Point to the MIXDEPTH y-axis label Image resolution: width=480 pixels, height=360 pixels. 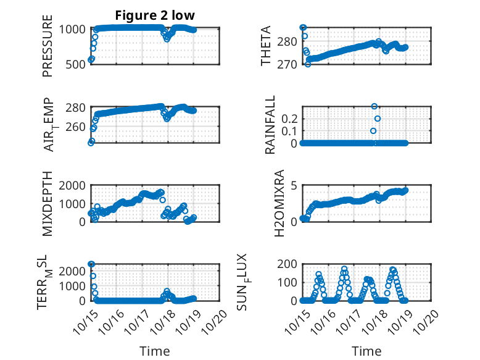click(x=48, y=204)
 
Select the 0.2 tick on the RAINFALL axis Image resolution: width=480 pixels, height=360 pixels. click(x=291, y=118)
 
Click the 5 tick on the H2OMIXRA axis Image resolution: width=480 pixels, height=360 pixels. click(x=295, y=186)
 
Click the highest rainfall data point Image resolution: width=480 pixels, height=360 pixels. click(x=374, y=106)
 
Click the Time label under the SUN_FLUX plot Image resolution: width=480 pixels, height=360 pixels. click(x=366, y=351)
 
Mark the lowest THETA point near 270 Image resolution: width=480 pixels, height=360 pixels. click(x=308, y=64)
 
